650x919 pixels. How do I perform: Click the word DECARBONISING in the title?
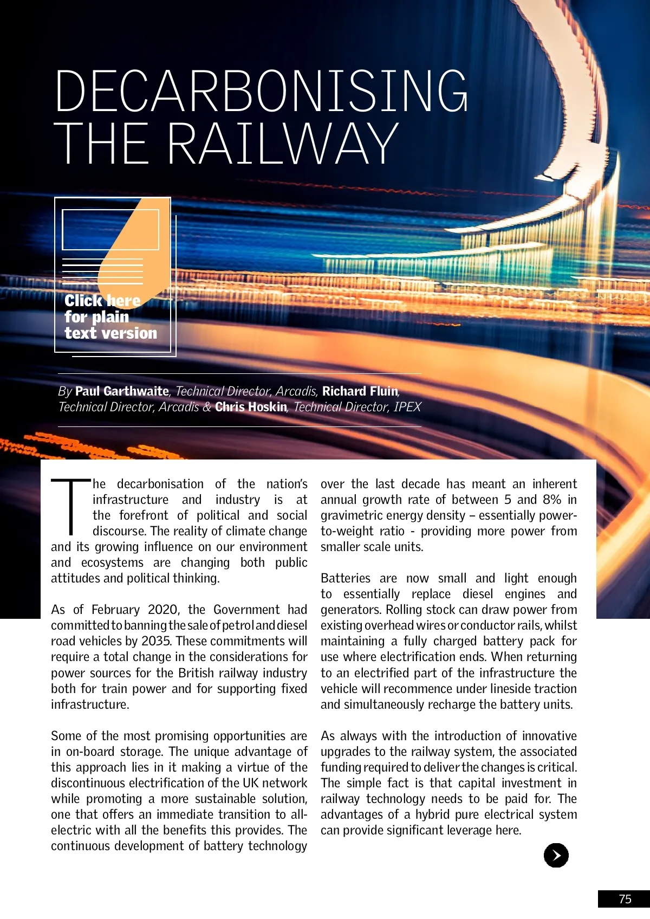pos(261,90)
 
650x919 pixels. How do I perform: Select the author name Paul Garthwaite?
pos(122,391)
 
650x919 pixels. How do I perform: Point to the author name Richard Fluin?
pos(360,391)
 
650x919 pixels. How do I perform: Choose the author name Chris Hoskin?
pos(251,407)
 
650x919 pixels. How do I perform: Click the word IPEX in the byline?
pos(407,407)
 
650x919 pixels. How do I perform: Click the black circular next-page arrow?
pos(556,855)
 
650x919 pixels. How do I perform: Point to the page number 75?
pos(625,899)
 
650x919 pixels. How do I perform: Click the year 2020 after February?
pos(162,610)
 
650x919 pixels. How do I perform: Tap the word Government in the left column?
pos(247,610)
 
